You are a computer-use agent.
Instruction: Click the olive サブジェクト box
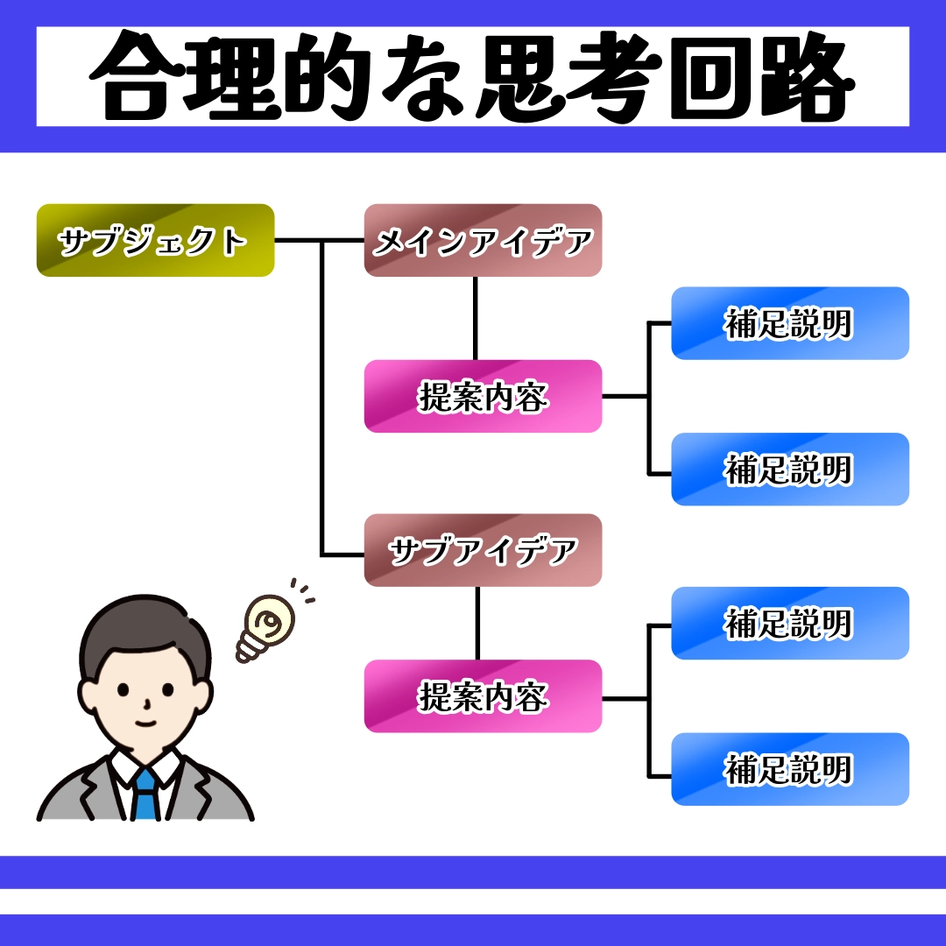pyautogui.click(x=155, y=241)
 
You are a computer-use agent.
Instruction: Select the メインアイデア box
pyautogui.click(x=483, y=241)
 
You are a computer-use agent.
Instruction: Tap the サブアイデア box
pyautogui.click(x=483, y=550)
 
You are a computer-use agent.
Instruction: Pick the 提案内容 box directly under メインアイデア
pyautogui.click(x=483, y=397)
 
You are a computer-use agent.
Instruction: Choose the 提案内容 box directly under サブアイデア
pyautogui.click(x=483, y=696)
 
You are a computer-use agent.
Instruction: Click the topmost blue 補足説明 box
pyautogui.click(x=789, y=323)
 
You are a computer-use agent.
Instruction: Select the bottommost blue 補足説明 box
pyautogui.click(x=789, y=769)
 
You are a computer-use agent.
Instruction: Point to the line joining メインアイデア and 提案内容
pyautogui.click(x=476, y=318)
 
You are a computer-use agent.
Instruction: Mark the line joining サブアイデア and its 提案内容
pyautogui.click(x=477, y=623)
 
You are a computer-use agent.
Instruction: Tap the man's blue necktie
pyautogui.click(x=145, y=793)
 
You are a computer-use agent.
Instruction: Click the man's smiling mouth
pyautogui.click(x=145, y=724)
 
